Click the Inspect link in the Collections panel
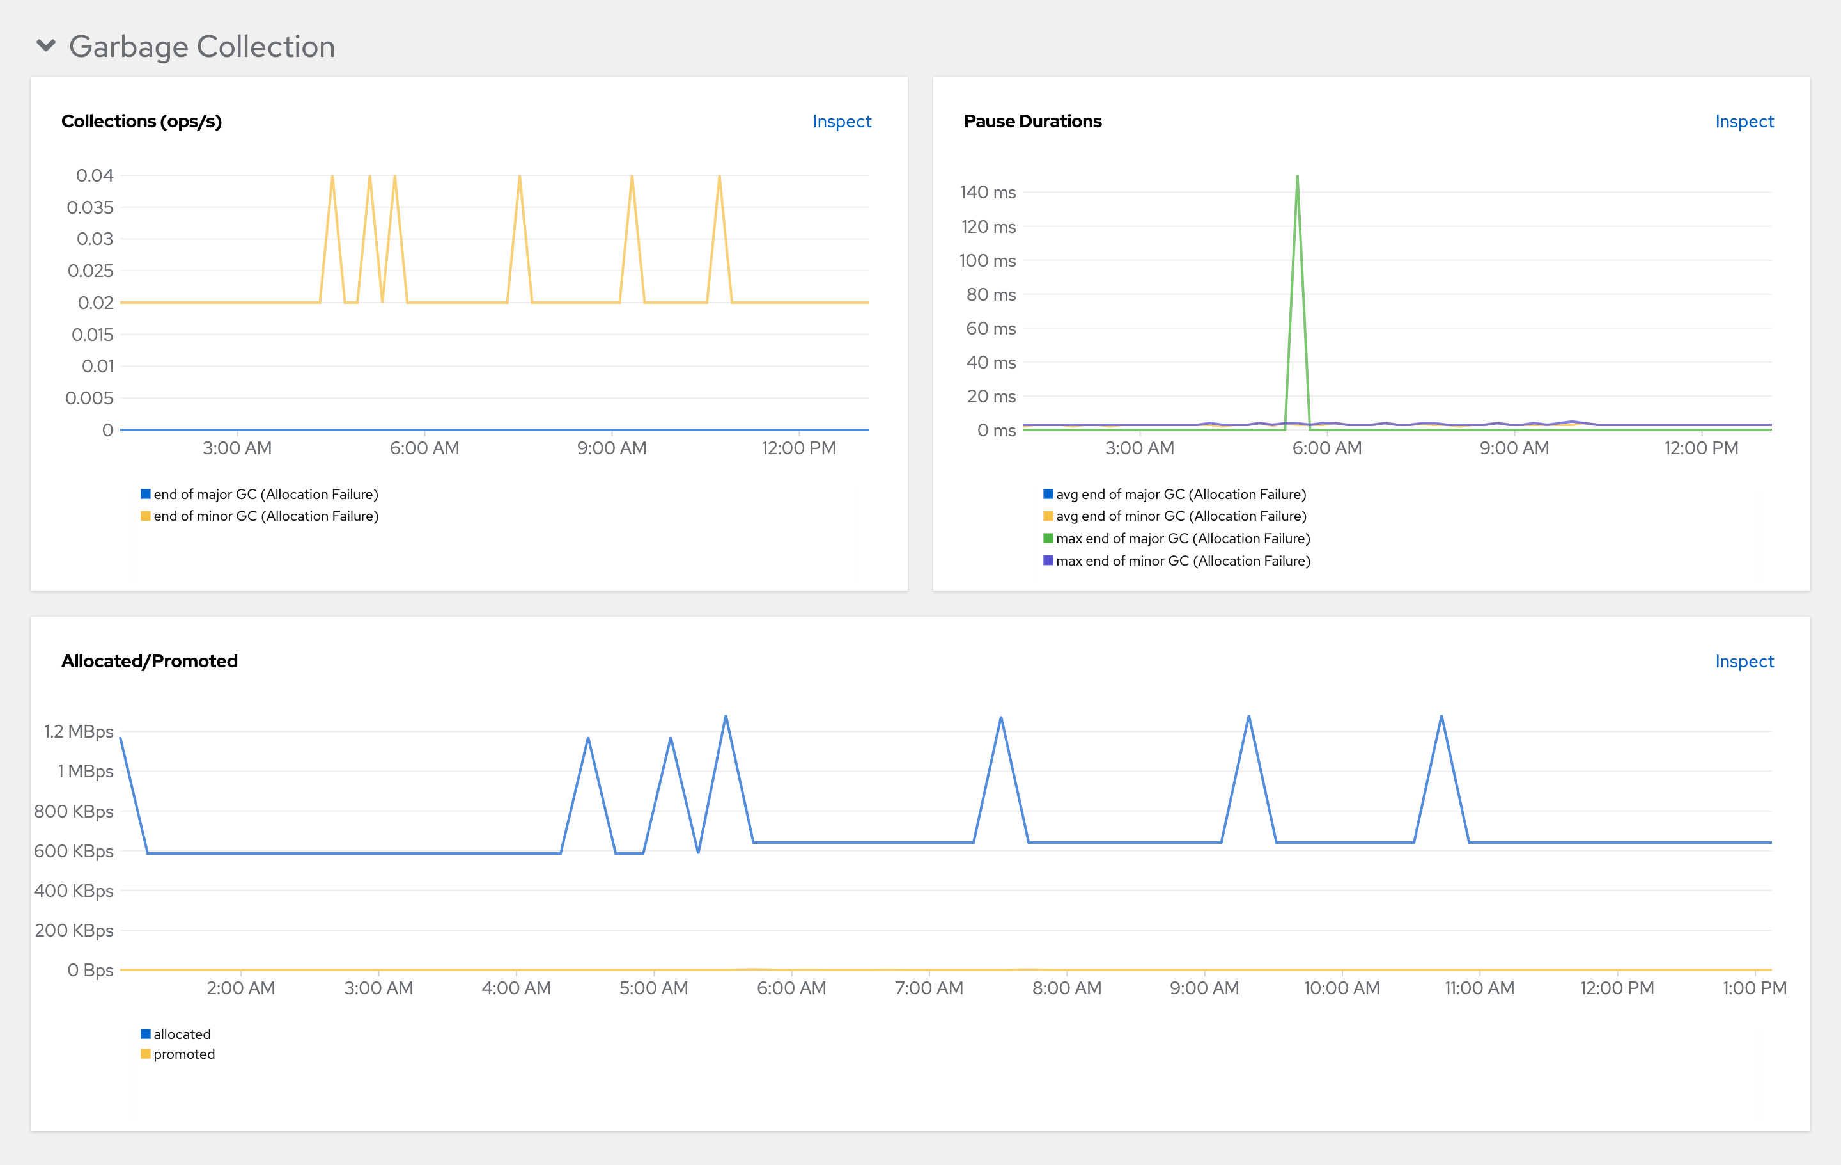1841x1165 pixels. tap(841, 122)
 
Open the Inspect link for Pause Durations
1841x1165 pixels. tap(1743, 122)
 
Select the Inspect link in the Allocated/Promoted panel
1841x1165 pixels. tap(1743, 662)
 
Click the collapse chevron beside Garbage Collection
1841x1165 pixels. tap(46, 46)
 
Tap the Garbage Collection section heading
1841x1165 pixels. tap(202, 47)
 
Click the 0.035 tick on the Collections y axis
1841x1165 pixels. tap(90, 207)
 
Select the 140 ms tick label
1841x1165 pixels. tap(988, 193)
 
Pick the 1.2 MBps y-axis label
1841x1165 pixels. tap(79, 732)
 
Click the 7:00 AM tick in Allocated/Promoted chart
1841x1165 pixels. tap(929, 988)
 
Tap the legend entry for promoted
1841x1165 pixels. tap(183, 1054)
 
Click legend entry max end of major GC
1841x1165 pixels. tap(1182, 539)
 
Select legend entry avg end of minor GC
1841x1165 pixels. tap(1181, 516)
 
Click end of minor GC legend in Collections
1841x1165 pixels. tap(265, 516)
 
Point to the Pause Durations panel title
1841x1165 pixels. tap(1032, 122)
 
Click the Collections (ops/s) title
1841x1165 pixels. tap(141, 122)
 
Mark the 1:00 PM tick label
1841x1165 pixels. tap(1754, 988)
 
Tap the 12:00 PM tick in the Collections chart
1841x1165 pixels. tap(798, 449)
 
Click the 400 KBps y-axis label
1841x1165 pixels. tap(74, 891)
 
